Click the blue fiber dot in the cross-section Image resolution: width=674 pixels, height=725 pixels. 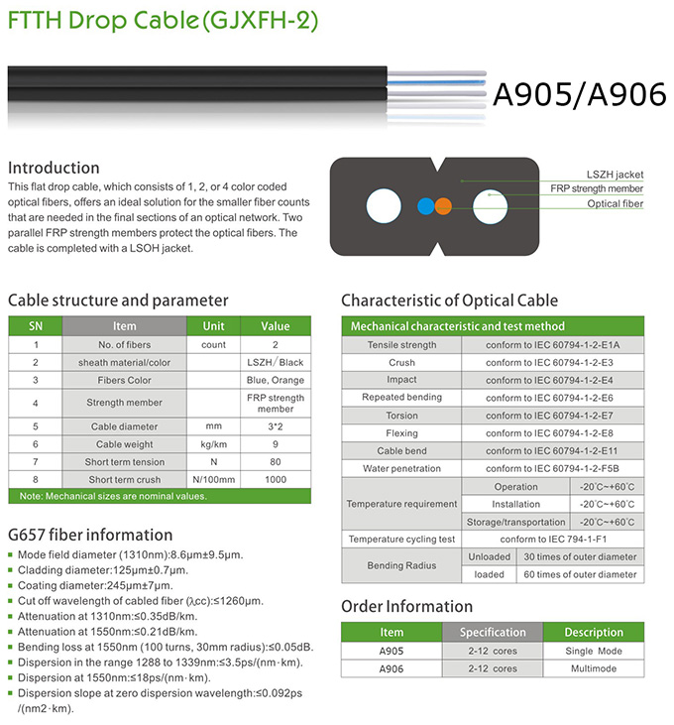point(424,206)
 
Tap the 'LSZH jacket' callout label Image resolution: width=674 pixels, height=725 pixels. point(616,174)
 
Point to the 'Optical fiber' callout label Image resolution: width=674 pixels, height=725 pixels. point(616,204)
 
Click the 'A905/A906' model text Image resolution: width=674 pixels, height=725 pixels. point(579,93)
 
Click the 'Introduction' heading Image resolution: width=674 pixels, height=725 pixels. point(54,168)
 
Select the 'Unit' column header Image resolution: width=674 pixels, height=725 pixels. point(214,326)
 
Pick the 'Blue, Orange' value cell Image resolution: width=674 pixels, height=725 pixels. point(276,380)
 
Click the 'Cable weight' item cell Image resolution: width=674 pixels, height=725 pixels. point(125,445)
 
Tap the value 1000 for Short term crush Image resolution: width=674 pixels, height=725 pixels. point(276,479)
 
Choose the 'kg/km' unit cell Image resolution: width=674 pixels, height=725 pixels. point(214,445)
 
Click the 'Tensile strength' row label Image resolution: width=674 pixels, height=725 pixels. point(402,345)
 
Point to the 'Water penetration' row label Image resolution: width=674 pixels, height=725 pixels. point(402,468)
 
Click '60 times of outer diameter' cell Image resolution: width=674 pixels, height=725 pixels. point(580,574)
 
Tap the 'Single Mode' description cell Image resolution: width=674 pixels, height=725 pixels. point(593,651)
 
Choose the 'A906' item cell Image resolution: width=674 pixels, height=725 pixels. point(392,668)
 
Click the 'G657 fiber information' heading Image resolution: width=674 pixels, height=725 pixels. point(90,536)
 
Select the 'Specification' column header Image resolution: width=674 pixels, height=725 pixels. point(493,632)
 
